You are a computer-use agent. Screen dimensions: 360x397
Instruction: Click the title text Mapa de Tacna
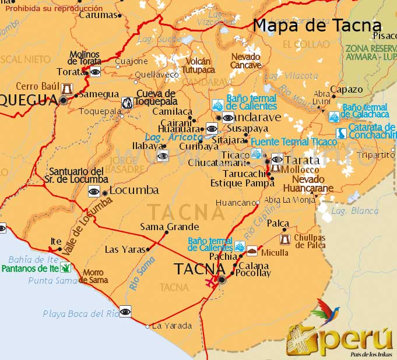[x=317, y=25]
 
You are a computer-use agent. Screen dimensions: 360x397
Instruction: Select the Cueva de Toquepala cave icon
[x=126, y=103]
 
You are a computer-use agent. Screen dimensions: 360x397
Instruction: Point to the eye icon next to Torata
[x=94, y=71]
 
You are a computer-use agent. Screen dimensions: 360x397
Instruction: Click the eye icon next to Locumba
[x=93, y=191]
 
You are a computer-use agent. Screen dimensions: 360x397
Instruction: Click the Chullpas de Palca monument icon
[x=285, y=239]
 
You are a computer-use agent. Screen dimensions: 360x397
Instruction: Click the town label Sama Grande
[x=169, y=227]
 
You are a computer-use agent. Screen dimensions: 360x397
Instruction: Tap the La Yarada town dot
[x=147, y=326]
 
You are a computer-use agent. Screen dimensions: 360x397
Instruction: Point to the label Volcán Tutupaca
[x=198, y=65]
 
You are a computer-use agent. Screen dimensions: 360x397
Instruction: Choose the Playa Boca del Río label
[x=80, y=313]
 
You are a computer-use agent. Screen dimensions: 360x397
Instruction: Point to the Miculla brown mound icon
[x=252, y=251]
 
